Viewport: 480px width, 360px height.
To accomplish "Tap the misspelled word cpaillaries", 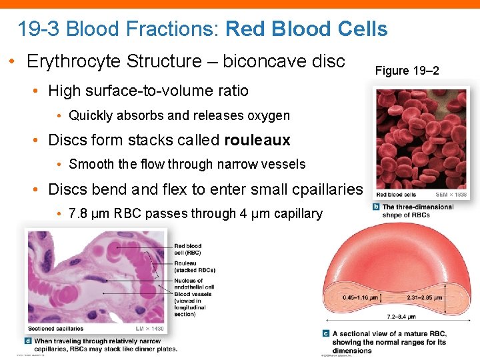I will (327, 189).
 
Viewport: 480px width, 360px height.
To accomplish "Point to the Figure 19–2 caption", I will (407, 70).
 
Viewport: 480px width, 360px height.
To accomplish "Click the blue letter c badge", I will (325, 333).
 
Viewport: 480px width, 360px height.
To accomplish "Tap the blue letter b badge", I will (377, 207).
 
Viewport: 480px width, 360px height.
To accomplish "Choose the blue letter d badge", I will (28, 341).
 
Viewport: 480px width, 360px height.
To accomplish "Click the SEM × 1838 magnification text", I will (450, 195).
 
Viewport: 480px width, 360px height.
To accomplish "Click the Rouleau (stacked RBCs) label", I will (194, 267).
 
